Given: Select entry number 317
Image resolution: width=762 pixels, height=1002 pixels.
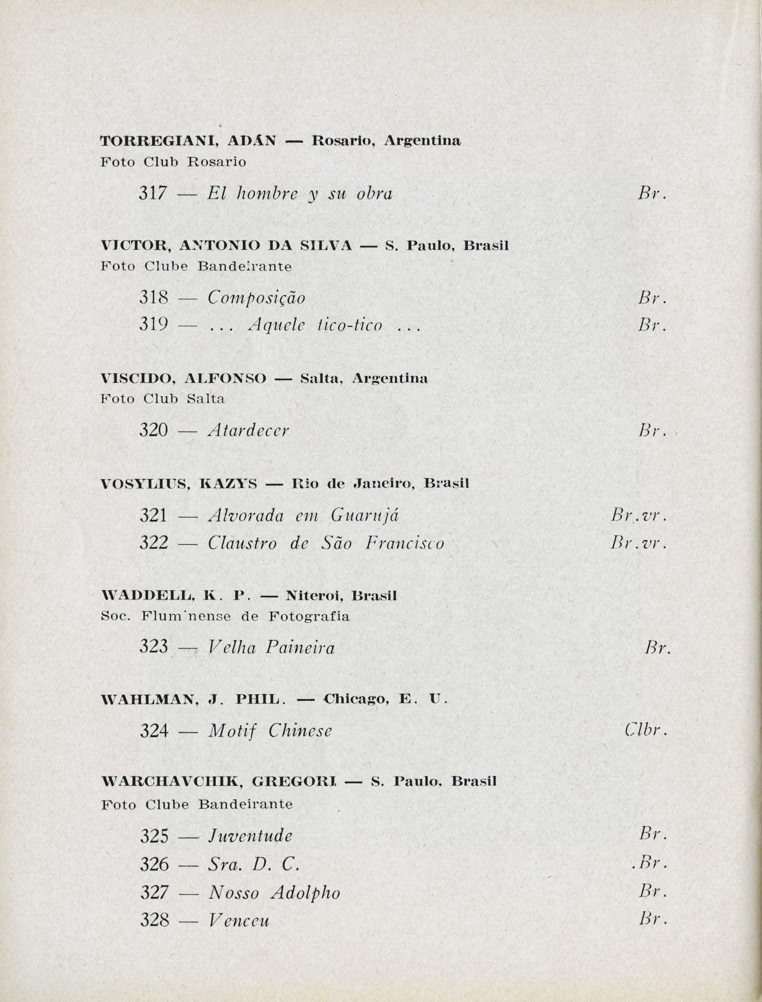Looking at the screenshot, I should coord(153,193).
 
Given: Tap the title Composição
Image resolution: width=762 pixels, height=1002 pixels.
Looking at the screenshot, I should coord(256,298).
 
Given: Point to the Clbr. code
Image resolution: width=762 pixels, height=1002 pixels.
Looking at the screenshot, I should coord(644,730).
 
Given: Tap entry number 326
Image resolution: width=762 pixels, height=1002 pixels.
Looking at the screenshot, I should coord(154,864).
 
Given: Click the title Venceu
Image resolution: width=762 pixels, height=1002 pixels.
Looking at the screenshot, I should coord(239,920).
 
